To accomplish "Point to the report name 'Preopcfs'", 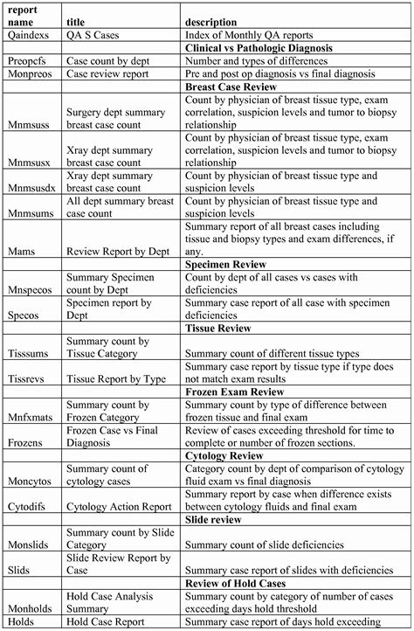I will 29,61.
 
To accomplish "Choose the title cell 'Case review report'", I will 107,75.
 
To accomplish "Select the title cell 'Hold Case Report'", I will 108,622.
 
